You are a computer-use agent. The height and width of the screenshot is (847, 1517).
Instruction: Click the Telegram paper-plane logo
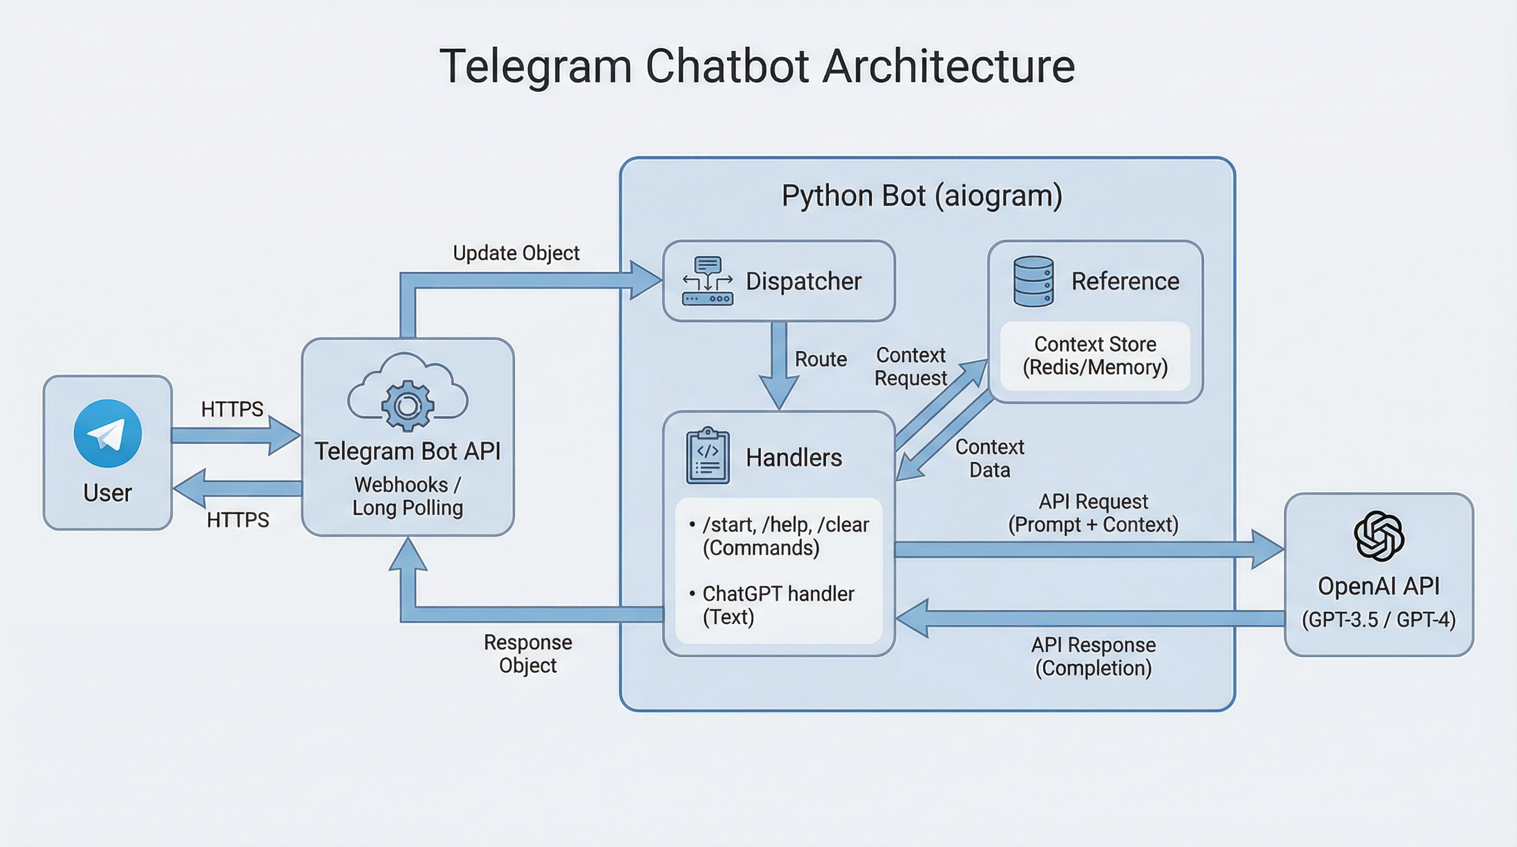click(108, 433)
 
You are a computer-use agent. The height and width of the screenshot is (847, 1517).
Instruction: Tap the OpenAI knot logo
click(1379, 535)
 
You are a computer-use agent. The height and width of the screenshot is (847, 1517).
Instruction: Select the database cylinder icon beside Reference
click(1034, 281)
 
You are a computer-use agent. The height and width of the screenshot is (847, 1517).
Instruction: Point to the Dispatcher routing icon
click(707, 281)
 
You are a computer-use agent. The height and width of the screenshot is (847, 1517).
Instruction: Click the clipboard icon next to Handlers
click(707, 456)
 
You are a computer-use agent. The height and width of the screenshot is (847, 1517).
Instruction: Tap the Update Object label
click(516, 253)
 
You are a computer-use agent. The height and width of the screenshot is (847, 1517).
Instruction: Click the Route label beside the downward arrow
click(820, 359)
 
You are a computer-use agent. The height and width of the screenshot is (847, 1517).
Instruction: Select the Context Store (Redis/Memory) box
click(1095, 355)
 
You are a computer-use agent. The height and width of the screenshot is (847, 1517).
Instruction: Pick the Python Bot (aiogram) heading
click(922, 196)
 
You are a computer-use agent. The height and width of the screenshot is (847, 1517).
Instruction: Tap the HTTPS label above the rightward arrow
click(232, 409)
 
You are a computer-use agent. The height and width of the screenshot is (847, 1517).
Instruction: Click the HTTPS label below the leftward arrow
click(238, 519)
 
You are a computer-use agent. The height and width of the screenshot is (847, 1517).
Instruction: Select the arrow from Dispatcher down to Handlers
click(779, 365)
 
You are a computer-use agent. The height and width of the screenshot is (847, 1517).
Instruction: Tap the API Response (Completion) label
click(1093, 656)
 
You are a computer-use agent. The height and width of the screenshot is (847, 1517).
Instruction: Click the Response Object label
click(528, 653)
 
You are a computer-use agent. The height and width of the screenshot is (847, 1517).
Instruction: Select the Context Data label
click(989, 458)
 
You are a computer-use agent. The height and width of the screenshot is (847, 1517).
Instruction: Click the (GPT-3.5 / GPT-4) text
click(1378, 620)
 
